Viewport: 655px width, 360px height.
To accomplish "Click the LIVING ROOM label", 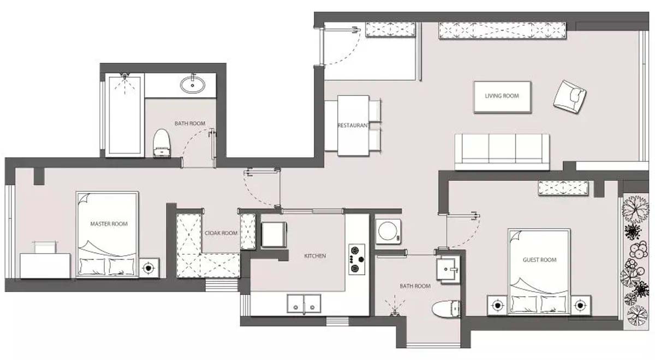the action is (502, 96).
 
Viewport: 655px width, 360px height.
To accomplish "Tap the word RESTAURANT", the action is (354, 125).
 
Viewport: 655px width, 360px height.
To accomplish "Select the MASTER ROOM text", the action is (109, 224).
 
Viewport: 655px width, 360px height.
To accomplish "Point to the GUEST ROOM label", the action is (539, 260).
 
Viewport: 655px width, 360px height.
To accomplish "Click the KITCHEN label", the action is (315, 256).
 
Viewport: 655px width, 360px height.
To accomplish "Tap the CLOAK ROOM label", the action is (221, 233).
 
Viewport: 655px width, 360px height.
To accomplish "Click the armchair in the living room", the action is (570, 97).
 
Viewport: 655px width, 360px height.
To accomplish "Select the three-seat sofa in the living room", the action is (502, 152).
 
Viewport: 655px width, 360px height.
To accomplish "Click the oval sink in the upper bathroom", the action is (192, 85).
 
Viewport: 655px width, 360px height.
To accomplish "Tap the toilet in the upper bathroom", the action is (162, 143).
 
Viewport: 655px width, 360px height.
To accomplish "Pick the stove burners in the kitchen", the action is (357, 260).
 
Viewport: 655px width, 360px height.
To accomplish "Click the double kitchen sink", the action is (304, 304).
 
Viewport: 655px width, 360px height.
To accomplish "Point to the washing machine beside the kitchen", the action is (388, 231).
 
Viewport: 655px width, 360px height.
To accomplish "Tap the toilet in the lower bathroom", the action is (446, 309).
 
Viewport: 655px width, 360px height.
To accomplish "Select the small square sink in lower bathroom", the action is (448, 269).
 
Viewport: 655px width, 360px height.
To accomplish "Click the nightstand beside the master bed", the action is (149, 268).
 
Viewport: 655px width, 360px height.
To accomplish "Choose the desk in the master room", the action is (45, 266).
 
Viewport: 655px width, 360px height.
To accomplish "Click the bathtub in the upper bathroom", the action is (125, 115).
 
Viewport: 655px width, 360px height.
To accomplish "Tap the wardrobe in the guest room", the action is (563, 188).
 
